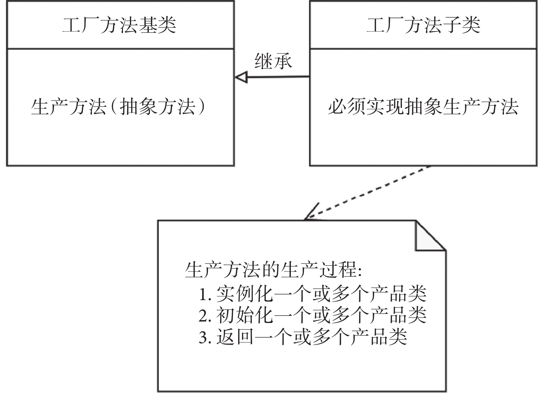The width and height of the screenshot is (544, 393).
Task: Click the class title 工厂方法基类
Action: coord(119,25)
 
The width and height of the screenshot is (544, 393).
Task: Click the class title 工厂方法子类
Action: coord(423,25)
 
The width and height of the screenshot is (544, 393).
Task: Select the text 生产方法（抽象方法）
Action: coord(119,106)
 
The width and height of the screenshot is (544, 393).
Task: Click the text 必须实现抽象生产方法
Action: coord(423,106)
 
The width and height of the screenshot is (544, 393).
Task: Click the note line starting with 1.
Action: coord(313,294)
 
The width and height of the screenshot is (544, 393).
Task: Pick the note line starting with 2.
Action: coord(313,315)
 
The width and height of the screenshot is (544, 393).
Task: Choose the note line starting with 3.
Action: coord(303,337)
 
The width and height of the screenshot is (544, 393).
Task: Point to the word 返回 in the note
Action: coord(235,337)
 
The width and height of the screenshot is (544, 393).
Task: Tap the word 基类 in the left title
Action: coord(158,25)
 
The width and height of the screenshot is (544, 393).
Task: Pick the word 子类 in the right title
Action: coord(461,25)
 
